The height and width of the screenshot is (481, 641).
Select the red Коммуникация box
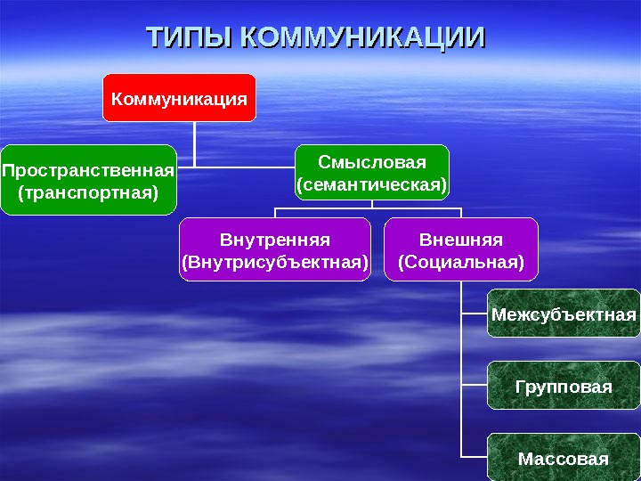pos(179,97)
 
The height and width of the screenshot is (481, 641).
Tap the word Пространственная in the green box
pos(87,170)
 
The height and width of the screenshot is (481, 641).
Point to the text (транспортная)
pos(87,192)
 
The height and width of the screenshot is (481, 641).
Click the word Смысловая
pos(372,162)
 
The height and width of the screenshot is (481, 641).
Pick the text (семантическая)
pos(372,185)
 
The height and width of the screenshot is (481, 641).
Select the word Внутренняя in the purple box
pos(275,240)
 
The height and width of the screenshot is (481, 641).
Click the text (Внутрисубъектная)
pos(275,263)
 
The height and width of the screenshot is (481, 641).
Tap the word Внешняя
pos(461,240)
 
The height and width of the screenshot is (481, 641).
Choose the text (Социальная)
pos(461,263)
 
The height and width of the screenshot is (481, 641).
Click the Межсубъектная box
pos(564,314)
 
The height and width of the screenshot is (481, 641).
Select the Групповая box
pos(564,387)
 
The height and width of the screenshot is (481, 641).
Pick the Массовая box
pos(564,459)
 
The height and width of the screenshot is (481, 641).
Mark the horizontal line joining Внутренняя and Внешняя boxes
pos(369,209)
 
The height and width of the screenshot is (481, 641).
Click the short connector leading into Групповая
pos(474,385)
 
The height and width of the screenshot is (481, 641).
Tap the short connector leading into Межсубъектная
pos(474,313)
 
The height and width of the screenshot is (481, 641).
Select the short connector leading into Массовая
pos(474,457)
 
